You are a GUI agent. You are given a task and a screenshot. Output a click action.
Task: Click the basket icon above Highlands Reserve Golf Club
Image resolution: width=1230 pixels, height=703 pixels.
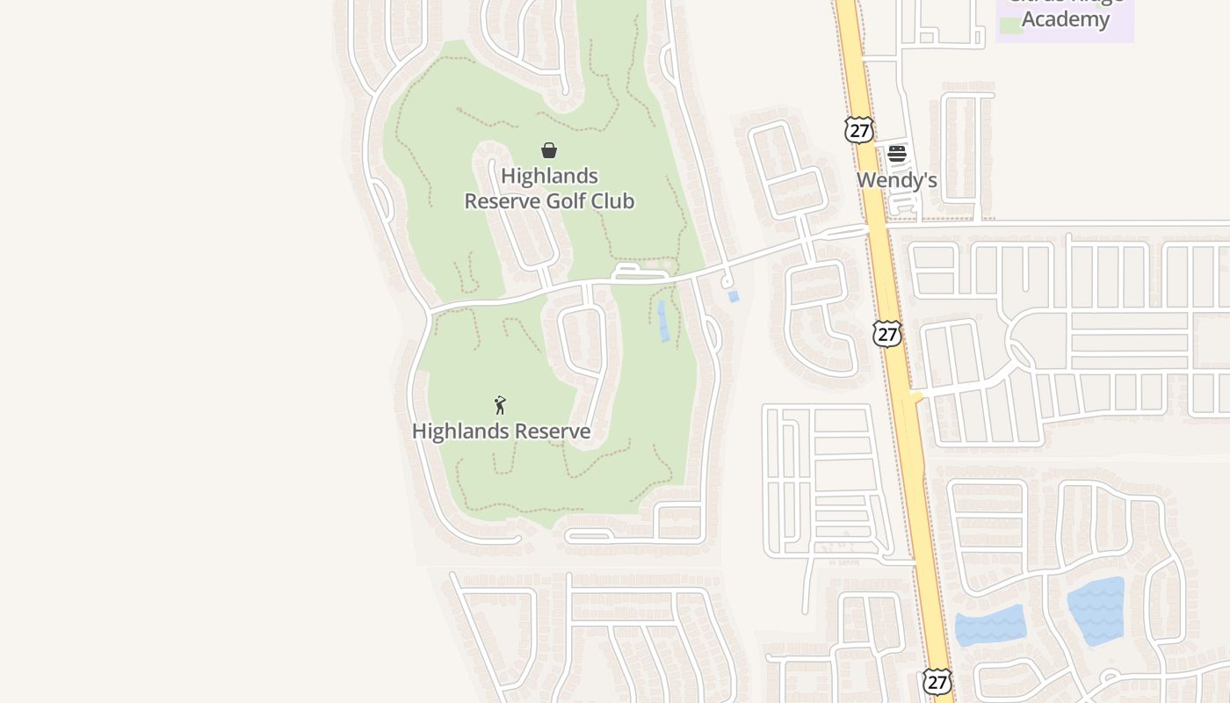tap(549, 150)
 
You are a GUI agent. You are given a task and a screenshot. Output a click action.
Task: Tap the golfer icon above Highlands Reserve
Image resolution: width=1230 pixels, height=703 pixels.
tap(500, 405)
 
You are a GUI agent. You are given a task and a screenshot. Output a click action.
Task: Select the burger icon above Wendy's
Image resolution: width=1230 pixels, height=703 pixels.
tap(896, 154)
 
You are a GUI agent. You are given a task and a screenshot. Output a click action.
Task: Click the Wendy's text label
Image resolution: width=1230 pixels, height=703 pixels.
tap(896, 180)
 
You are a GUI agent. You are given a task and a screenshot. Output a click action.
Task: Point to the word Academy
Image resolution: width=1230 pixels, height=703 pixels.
tap(1065, 19)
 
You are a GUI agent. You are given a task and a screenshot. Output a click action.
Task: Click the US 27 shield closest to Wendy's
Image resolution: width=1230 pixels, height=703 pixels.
tap(858, 130)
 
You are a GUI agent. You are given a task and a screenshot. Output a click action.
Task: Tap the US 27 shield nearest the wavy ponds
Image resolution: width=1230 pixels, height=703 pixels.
tap(937, 681)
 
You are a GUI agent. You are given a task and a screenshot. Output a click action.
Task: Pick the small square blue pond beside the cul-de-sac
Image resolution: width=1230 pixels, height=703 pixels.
tap(734, 297)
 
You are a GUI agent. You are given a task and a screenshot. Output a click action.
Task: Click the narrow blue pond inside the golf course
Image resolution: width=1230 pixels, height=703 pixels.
tap(662, 321)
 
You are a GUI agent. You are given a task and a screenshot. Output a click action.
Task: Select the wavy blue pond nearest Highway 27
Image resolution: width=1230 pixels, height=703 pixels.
tap(990, 626)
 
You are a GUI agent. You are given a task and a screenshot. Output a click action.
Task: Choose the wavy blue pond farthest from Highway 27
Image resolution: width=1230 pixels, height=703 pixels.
tap(1096, 610)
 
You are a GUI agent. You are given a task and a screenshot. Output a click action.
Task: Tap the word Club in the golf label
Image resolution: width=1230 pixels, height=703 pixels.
tap(615, 201)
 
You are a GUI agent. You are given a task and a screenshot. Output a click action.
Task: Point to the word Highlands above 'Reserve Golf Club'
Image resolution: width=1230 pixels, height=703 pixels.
tap(549, 176)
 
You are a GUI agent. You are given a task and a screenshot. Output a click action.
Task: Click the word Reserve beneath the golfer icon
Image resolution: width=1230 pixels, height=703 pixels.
tap(552, 431)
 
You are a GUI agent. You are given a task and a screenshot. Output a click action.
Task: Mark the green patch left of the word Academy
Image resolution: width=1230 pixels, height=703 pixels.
tap(1011, 25)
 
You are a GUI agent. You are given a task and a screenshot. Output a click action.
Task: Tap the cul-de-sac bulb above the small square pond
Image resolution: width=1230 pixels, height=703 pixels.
tap(727, 282)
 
